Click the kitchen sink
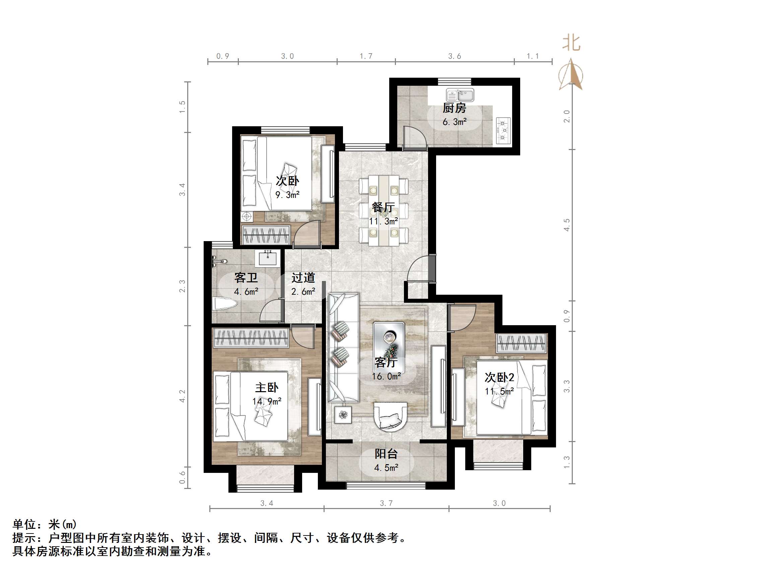[x=460, y=95]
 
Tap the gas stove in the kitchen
[x=503, y=131]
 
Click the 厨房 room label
[x=454, y=108]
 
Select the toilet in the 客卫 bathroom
[x=225, y=304]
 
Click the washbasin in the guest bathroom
[x=267, y=258]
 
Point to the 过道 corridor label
[x=303, y=278]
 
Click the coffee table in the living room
[x=389, y=347]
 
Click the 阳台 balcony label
[x=386, y=454]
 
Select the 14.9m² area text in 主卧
[x=267, y=401]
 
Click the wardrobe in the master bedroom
[x=251, y=337]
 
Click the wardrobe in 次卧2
[x=521, y=343]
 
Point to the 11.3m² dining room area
[x=384, y=221]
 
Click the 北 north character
[x=571, y=43]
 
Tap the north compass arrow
[x=571, y=74]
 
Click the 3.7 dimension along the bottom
[x=386, y=503]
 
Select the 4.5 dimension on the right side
[x=566, y=225]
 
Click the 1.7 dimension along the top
[x=366, y=56]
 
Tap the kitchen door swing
[x=414, y=137]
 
